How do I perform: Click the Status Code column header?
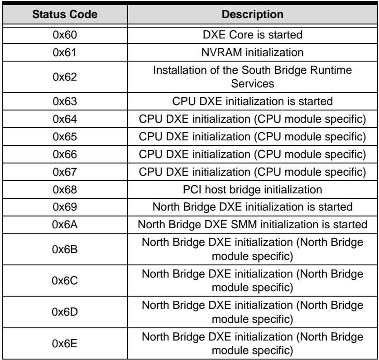(x=65, y=14)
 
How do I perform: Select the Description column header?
(x=253, y=14)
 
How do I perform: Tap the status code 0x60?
(x=65, y=35)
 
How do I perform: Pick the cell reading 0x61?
(x=65, y=53)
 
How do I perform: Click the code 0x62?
(x=65, y=77)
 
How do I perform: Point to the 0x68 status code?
(x=65, y=190)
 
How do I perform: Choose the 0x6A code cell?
(x=65, y=225)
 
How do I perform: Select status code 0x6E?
(x=65, y=344)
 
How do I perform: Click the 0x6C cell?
(x=65, y=280)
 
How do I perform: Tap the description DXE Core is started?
(x=253, y=34)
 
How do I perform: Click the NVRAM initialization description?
(x=253, y=53)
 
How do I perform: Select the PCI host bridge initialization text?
(x=253, y=190)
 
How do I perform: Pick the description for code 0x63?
(x=253, y=101)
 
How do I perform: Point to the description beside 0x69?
(x=253, y=207)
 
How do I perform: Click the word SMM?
(x=244, y=225)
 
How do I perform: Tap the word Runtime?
(x=331, y=70)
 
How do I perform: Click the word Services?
(x=253, y=84)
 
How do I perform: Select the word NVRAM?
(x=221, y=53)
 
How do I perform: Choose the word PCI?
(x=192, y=190)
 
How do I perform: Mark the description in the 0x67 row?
(x=253, y=172)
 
